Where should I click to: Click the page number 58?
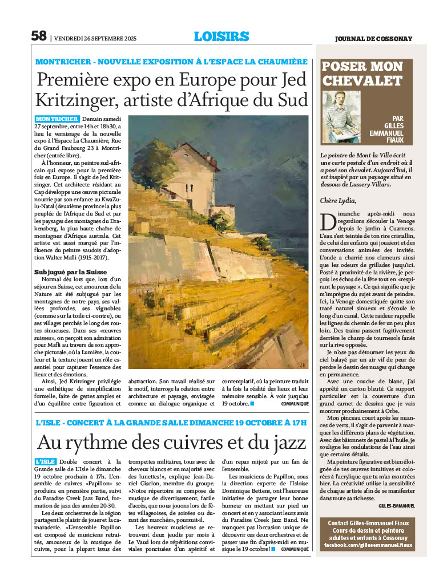pyautogui.click(x=38, y=36)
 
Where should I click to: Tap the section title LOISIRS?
pyautogui.click(x=221, y=36)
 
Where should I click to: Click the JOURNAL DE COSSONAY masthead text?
pyautogui.click(x=380, y=39)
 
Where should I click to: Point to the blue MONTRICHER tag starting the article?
pyautogui.click(x=57, y=119)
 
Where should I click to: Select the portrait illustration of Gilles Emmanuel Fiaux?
pyautogui.click(x=342, y=117)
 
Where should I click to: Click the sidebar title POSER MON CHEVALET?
pyautogui.click(x=362, y=74)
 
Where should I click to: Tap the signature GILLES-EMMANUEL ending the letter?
pyautogui.click(x=396, y=505)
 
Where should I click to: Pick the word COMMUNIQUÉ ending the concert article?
pyautogui.click(x=295, y=549)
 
